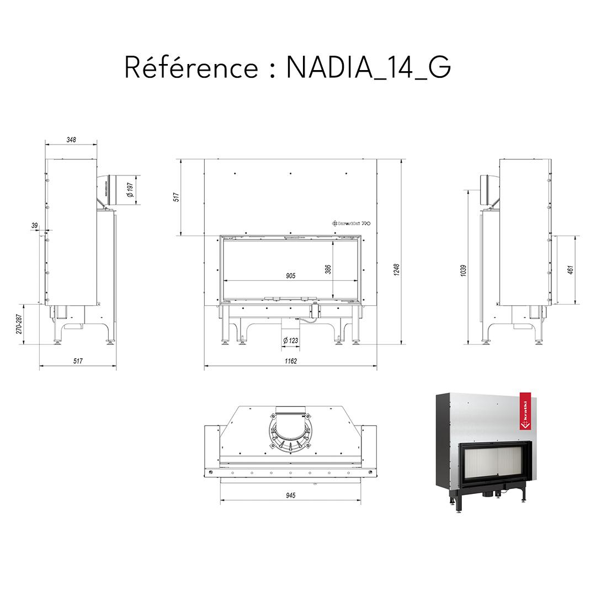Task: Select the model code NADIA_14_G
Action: pos(369,68)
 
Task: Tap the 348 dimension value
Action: pos(71,140)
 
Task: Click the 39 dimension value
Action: pos(35,226)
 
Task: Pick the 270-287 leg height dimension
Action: pos(19,324)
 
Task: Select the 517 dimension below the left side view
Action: pos(78,361)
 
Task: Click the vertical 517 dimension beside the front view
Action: pos(177,198)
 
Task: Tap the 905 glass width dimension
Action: pos(291,275)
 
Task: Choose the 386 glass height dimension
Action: pos(328,269)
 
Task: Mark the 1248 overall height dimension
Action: pos(396,269)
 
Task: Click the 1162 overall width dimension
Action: pos(291,361)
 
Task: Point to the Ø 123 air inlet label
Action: pos(290,340)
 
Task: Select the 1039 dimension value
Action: pos(464,270)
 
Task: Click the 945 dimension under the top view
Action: pos(291,495)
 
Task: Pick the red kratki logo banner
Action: pos(524,411)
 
